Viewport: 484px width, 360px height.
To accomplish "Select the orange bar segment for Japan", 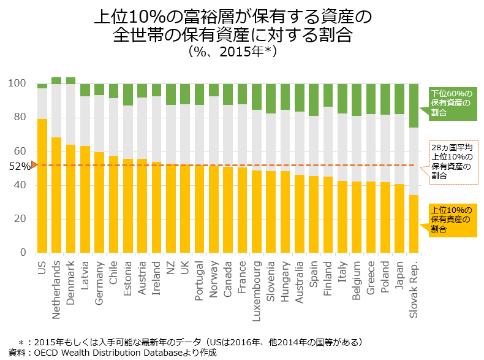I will pyautogui.click(x=399, y=218).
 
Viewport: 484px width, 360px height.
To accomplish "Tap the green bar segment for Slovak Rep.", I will pyautogui.click(x=414, y=105).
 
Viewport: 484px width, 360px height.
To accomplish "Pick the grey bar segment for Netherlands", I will pyautogui.click(x=56, y=110).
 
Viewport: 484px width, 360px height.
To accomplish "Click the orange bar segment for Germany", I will pyautogui.click(x=99, y=202).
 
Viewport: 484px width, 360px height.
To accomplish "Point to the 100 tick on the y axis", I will pyautogui.click(x=18, y=83).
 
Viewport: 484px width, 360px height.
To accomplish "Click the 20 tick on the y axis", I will pyautogui.click(x=20, y=219).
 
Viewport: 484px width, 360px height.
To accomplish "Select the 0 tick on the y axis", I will pyautogui.click(x=23, y=253).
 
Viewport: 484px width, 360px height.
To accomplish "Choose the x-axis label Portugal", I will pyautogui.click(x=199, y=280).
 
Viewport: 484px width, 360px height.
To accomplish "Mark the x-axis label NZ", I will pyautogui.click(x=171, y=267).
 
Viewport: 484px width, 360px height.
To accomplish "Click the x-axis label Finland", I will pyautogui.click(x=328, y=276).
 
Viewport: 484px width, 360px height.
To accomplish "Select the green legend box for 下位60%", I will pyautogui.click(x=452, y=102).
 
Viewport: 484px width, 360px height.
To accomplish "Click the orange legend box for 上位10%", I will pyautogui.click(x=452, y=220).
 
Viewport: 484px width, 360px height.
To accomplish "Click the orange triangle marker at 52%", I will pyautogui.click(x=34, y=164).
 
